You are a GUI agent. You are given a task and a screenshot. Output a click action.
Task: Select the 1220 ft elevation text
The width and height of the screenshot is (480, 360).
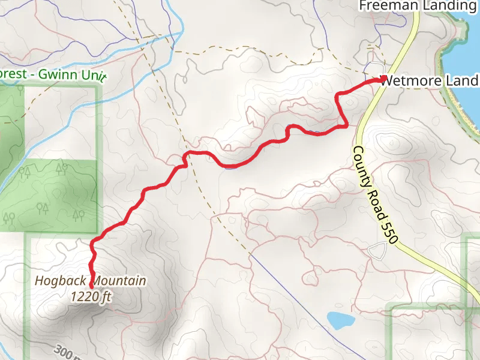coord(91,296)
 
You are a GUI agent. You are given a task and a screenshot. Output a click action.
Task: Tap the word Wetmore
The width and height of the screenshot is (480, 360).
coord(409,80)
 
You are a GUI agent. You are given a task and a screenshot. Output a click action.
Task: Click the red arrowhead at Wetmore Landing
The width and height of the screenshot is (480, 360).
coord(383,79)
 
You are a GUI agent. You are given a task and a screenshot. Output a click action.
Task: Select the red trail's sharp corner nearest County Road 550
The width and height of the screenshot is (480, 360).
coord(346,125)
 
